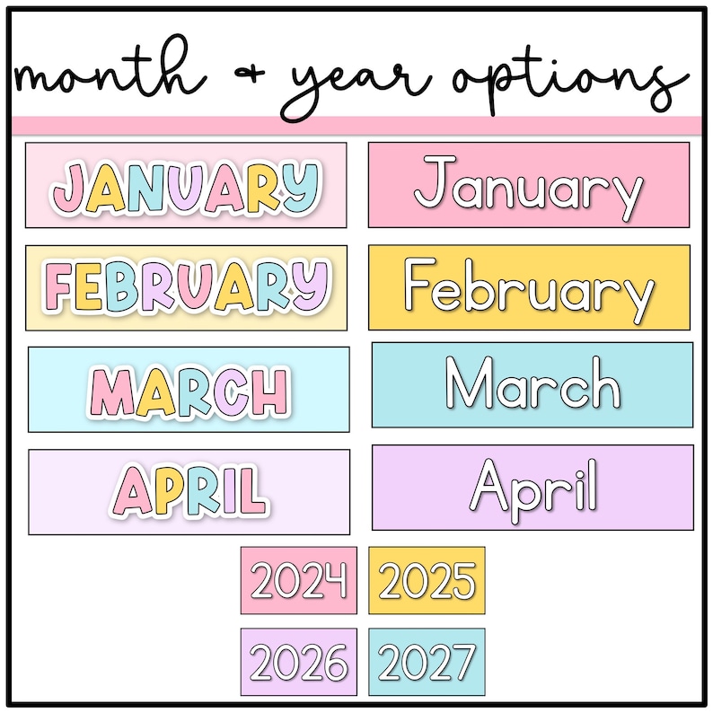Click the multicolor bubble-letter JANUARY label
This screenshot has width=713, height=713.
pos(186,185)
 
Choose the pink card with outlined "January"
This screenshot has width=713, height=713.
pos(529,185)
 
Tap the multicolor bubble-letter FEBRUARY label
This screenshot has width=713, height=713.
pos(186,287)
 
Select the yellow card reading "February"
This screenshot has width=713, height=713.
pos(529,287)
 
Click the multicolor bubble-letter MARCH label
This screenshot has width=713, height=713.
pos(189,390)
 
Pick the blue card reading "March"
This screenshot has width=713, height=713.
pos(532,384)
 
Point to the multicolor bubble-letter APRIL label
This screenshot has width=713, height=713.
pos(189,492)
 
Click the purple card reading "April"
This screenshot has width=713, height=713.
pos(532,487)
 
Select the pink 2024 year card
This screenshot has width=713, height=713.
pos(298,581)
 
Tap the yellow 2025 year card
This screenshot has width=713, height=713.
pos(427,581)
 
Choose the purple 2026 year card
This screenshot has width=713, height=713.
pos(298,663)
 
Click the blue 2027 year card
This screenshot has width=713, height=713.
pos(427,663)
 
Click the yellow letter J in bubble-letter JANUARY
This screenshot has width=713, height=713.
pos(69,187)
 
